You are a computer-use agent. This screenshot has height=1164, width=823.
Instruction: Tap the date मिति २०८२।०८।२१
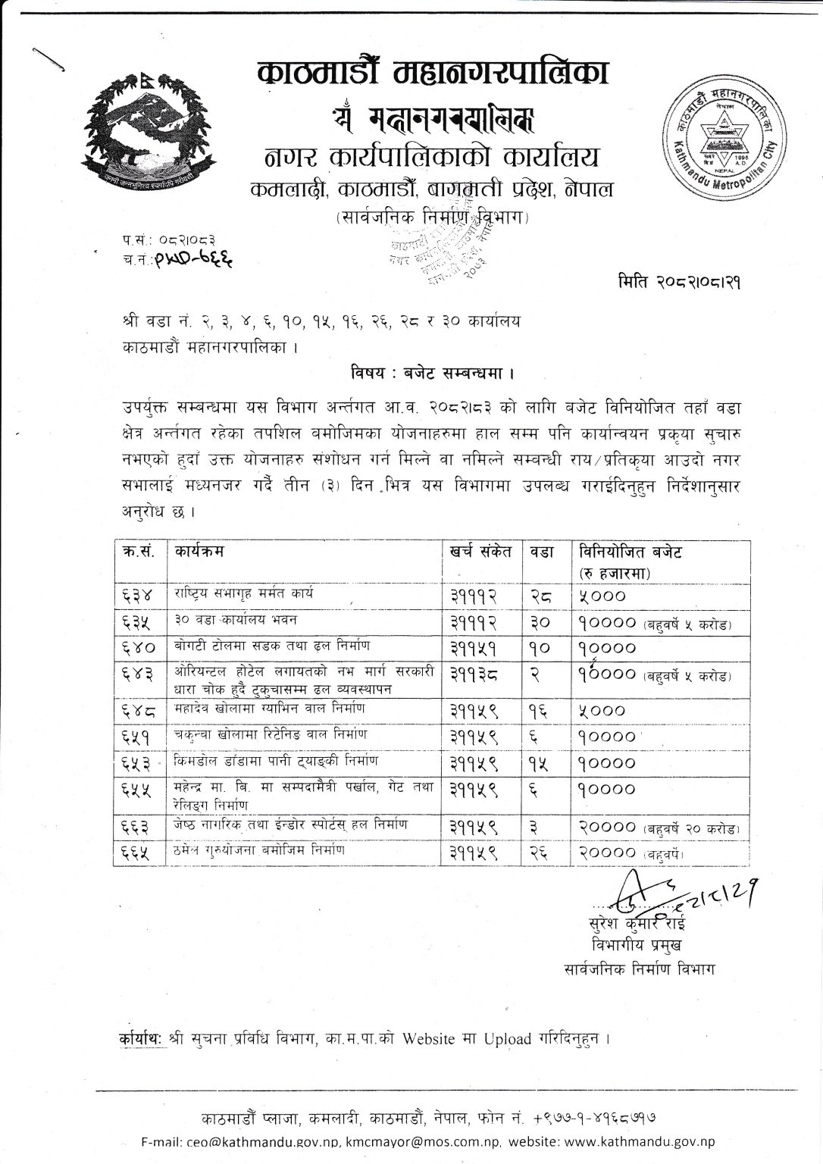pos(679,283)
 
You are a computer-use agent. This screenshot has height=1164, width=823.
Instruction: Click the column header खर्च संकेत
pos(480,551)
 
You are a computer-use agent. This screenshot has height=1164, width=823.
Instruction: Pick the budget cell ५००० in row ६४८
pos(602,711)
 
